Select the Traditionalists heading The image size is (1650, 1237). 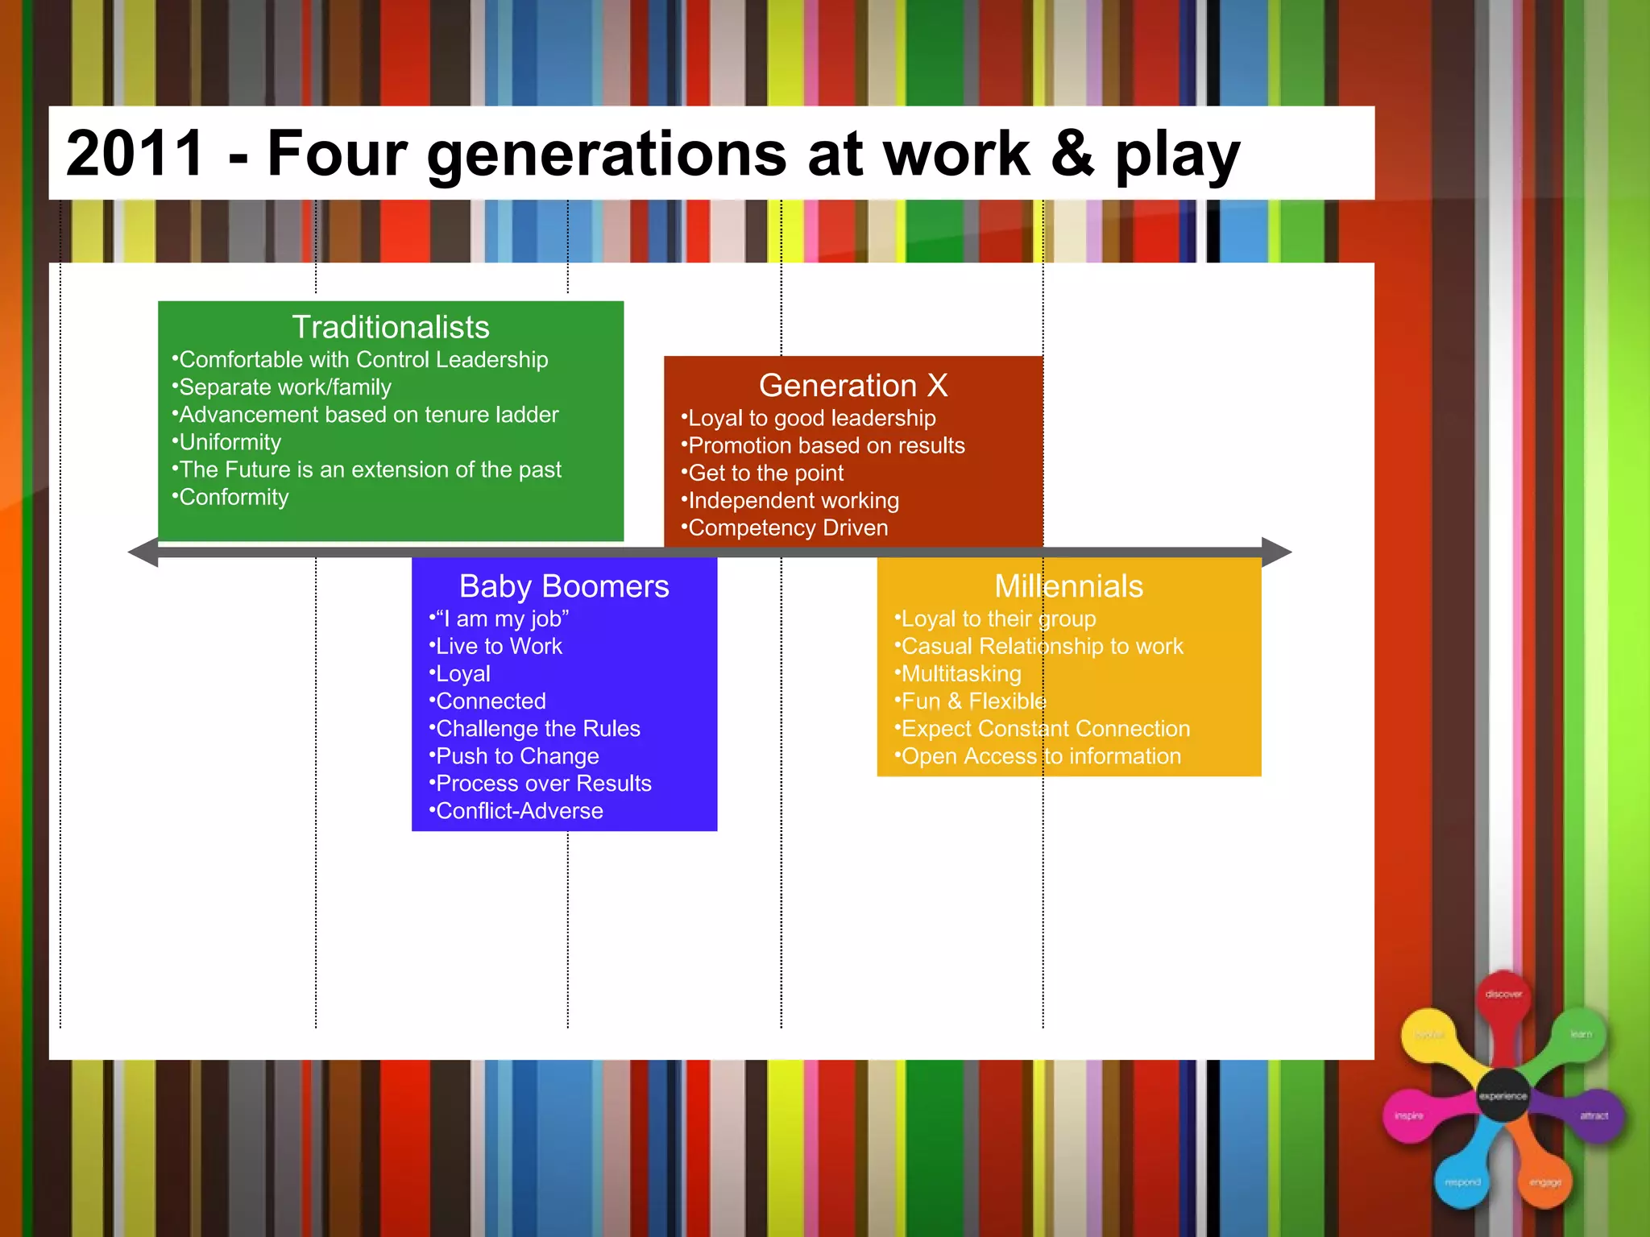[x=391, y=327]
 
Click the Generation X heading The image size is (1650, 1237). [x=853, y=385]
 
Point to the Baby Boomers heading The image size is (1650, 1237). [x=564, y=586]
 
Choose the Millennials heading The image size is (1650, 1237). [x=1068, y=586]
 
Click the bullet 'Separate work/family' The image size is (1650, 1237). [x=284, y=387]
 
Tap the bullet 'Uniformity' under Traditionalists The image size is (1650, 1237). [x=230, y=442]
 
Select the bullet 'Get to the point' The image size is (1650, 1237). [x=765, y=473]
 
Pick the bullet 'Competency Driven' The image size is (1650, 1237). [x=788, y=527]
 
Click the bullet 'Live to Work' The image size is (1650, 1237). [x=499, y=646]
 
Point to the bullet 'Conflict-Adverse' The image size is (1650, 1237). [x=519, y=811]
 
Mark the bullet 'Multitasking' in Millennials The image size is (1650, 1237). [x=961, y=673]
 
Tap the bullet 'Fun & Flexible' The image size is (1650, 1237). [x=973, y=701]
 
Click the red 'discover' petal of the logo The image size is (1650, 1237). [x=1503, y=995]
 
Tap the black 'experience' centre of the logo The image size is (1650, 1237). [x=1503, y=1096]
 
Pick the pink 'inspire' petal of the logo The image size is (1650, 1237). [x=1409, y=1116]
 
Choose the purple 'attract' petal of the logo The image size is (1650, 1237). [x=1594, y=1116]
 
